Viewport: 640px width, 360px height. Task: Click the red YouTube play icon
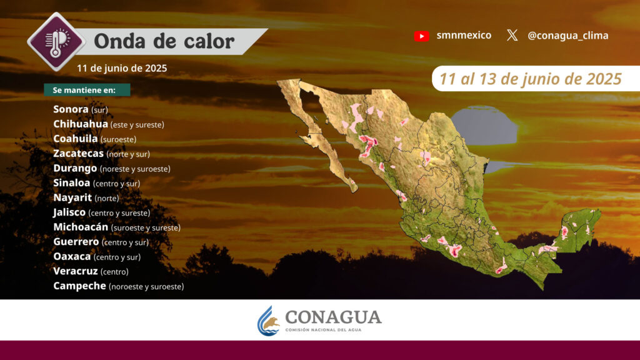pyautogui.click(x=422, y=36)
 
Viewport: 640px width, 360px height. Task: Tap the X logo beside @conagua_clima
pyautogui.click(x=512, y=35)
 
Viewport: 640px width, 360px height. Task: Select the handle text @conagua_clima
pyautogui.click(x=567, y=36)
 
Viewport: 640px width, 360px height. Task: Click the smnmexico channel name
pyautogui.click(x=464, y=35)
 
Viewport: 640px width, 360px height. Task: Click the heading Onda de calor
pyautogui.click(x=164, y=41)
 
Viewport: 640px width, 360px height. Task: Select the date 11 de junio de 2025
pyautogui.click(x=122, y=68)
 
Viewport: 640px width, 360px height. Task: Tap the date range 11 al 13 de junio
pyautogui.click(x=530, y=79)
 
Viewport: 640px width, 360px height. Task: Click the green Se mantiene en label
pyautogui.click(x=87, y=90)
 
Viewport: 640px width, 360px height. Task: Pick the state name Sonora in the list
pyautogui.click(x=71, y=109)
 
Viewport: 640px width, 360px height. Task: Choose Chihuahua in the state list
pyautogui.click(x=81, y=124)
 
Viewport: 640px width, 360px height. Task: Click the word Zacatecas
pyautogui.click(x=78, y=153)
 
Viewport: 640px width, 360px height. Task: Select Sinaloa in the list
pyautogui.click(x=71, y=182)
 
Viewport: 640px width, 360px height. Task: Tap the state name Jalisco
pyautogui.click(x=69, y=212)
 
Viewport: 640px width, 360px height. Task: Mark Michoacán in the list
pyautogui.click(x=81, y=226)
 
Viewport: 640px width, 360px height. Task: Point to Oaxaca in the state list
pyautogui.click(x=72, y=256)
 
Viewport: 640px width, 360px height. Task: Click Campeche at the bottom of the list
pyautogui.click(x=79, y=286)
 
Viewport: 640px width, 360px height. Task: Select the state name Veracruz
pyautogui.click(x=76, y=271)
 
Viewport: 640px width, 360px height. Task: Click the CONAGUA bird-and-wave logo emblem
pyautogui.click(x=268, y=321)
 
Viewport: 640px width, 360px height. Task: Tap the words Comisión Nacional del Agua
pyautogui.click(x=323, y=330)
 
